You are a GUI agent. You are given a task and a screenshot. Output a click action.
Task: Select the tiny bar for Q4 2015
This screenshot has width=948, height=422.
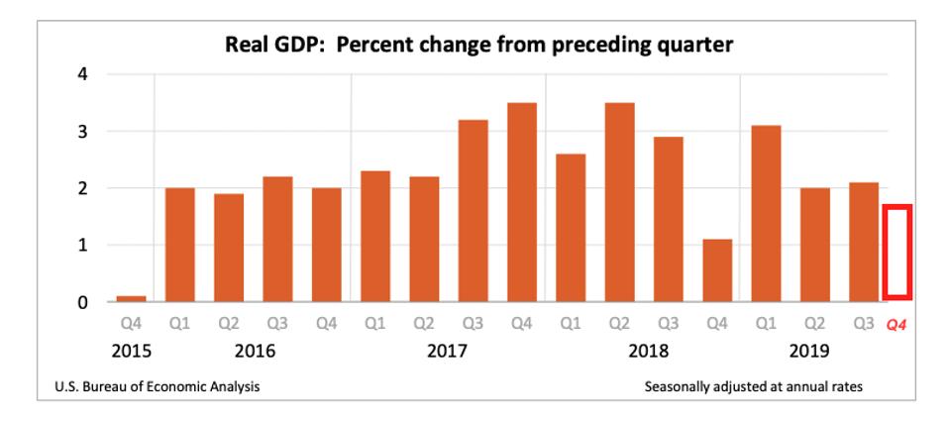pyautogui.click(x=131, y=297)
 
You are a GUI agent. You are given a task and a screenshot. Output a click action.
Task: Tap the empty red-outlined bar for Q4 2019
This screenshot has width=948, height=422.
pyautogui.click(x=897, y=252)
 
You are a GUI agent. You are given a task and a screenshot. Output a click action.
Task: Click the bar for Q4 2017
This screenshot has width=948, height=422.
pyautogui.click(x=522, y=202)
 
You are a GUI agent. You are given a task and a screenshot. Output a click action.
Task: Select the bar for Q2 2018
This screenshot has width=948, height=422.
pyautogui.click(x=619, y=202)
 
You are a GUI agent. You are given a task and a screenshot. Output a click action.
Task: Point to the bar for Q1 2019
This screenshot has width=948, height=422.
pyautogui.click(x=767, y=213)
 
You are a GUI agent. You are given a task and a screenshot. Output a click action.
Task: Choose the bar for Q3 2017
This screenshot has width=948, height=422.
pyautogui.click(x=473, y=210)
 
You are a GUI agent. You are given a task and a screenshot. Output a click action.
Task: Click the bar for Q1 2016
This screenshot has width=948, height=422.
pyautogui.click(x=179, y=245)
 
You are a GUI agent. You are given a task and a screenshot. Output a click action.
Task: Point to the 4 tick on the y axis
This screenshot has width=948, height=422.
pyautogui.click(x=84, y=74)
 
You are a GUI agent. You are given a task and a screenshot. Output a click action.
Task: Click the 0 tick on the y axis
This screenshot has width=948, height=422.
pyautogui.click(x=84, y=302)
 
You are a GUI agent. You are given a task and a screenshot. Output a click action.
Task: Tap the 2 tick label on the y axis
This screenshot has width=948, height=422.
pyautogui.click(x=84, y=188)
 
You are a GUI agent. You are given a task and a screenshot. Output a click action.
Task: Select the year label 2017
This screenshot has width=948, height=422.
pyautogui.click(x=449, y=351)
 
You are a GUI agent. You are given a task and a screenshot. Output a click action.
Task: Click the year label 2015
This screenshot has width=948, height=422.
pyautogui.click(x=131, y=351)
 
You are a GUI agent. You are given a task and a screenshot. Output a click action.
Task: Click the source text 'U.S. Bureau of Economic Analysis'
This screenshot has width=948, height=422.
pyautogui.click(x=158, y=386)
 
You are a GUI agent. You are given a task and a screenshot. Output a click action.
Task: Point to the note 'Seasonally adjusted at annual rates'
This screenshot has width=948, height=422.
pyautogui.click(x=753, y=386)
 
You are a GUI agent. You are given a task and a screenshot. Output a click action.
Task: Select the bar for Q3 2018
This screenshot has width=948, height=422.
pyautogui.click(x=669, y=219)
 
